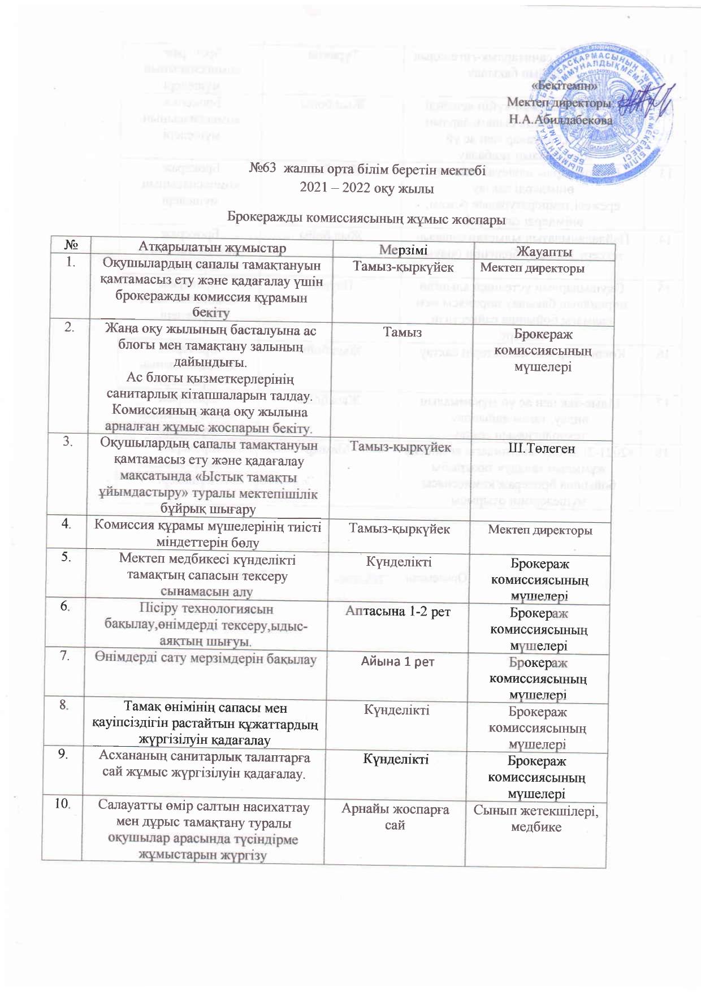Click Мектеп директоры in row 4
(540, 531)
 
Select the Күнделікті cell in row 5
(399, 562)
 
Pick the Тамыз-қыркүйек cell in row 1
(403, 267)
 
